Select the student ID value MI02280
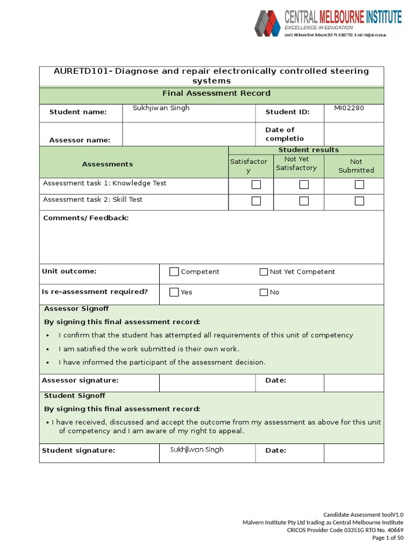tap(348, 108)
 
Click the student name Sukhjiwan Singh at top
tap(161, 108)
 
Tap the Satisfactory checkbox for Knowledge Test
tap(257, 185)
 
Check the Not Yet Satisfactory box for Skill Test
tap(304, 201)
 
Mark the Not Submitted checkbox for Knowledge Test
tap(359, 185)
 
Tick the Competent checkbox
tap(174, 272)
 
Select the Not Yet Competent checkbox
tap(264, 272)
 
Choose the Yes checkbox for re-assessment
tap(174, 292)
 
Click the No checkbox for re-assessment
tap(264, 292)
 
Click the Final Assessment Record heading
tap(216, 94)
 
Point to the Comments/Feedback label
tap(86, 218)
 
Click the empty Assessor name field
tap(188, 135)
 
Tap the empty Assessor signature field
tap(207, 382)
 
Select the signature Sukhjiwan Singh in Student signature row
tap(196, 450)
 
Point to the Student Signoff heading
tap(74, 396)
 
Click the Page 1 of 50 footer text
tap(387, 538)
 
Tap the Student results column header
tap(308, 150)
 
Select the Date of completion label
tap(284, 134)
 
